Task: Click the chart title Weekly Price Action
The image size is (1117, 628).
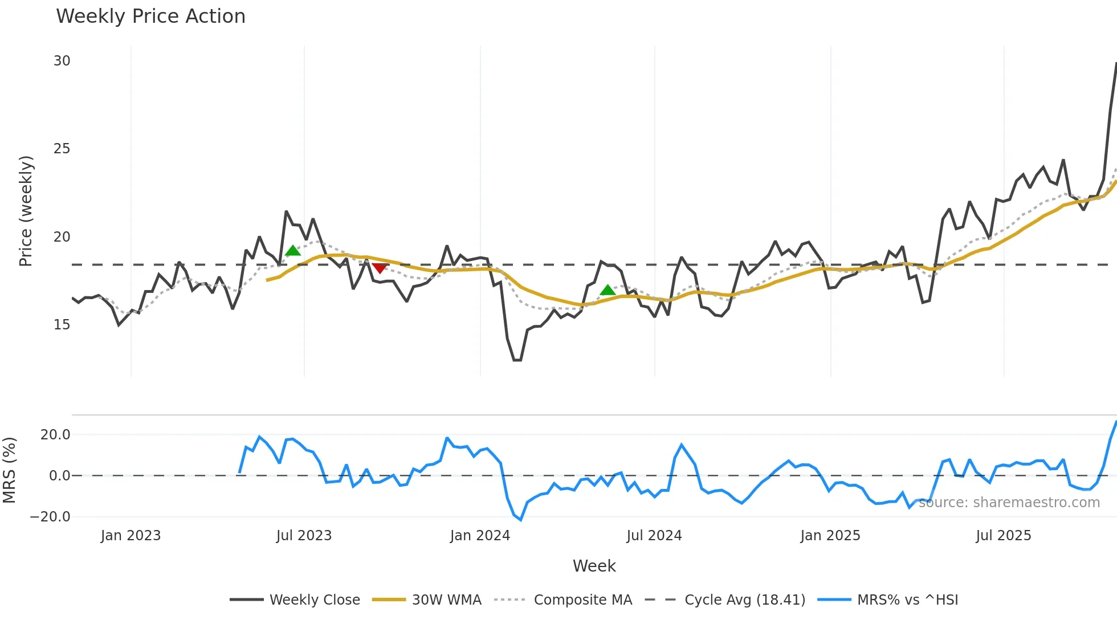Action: [x=150, y=17]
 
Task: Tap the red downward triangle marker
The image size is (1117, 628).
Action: [x=379, y=268]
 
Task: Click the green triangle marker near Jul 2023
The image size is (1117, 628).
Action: [x=293, y=251]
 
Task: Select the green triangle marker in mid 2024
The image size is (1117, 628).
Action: [x=608, y=290]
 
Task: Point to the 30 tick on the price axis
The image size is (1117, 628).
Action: [x=62, y=61]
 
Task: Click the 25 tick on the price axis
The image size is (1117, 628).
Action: [x=62, y=149]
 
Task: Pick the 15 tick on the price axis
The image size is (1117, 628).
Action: [x=62, y=325]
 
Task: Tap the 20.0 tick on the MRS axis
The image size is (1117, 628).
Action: [x=55, y=435]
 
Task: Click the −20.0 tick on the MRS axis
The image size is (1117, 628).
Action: [x=50, y=517]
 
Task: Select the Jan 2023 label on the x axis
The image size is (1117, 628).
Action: [x=131, y=536]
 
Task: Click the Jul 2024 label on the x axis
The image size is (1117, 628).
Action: [x=654, y=536]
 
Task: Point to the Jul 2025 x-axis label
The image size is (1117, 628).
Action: [x=1004, y=536]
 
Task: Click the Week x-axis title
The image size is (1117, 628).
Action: [x=594, y=566]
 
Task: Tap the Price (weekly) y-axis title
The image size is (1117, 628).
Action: [x=26, y=211]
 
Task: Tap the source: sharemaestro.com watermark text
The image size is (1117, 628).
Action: [x=1009, y=503]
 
